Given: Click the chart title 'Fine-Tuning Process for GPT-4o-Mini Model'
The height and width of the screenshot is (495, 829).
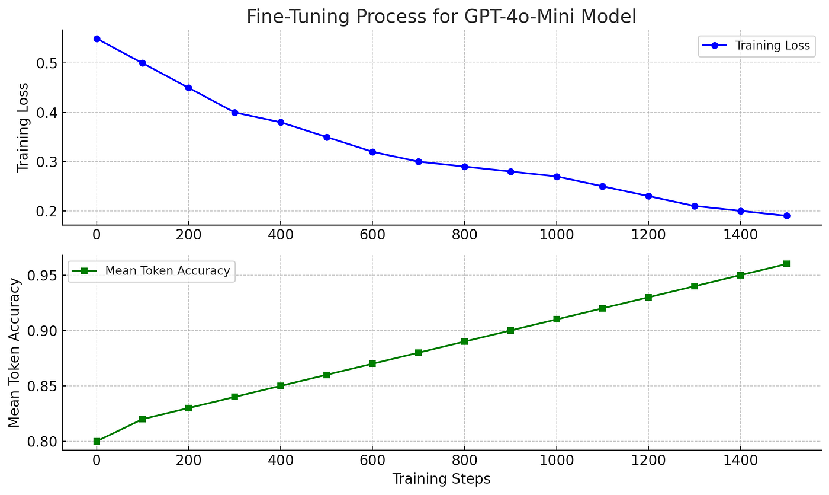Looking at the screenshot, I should pyautogui.click(x=441, y=16).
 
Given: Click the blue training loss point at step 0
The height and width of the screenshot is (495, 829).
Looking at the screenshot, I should pyautogui.click(x=97, y=39).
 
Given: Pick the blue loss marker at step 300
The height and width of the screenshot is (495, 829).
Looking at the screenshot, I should pyautogui.click(x=234, y=112).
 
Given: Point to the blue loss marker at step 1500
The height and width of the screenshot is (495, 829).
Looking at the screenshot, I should pyautogui.click(x=786, y=216).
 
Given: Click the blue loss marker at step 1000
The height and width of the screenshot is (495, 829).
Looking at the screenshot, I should pyautogui.click(x=557, y=177).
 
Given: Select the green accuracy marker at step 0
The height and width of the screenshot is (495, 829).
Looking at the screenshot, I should pyautogui.click(x=97, y=441).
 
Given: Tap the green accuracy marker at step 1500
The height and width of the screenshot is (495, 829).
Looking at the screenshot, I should pyautogui.click(x=786, y=264).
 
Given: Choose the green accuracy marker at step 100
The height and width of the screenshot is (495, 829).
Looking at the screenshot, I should pyautogui.click(x=143, y=419).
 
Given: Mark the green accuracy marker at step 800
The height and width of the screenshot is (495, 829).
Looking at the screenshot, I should pyautogui.click(x=464, y=341).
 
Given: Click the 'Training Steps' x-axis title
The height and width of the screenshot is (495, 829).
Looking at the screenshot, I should pyautogui.click(x=441, y=479).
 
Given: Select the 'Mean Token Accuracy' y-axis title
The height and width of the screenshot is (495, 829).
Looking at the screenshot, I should pyautogui.click(x=15, y=353).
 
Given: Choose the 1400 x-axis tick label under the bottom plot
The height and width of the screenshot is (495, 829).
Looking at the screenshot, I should pyautogui.click(x=740, y=461).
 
